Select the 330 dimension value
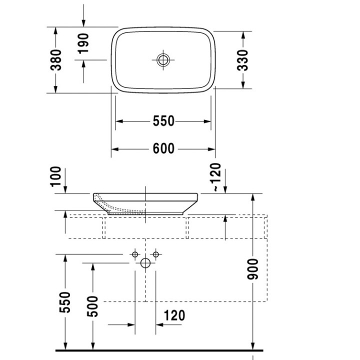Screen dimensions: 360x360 pos(243,59)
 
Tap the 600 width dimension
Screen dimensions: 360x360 pos(163,149)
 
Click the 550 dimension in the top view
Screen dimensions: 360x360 pos(163,121)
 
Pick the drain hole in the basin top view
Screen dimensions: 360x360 pos(163,60)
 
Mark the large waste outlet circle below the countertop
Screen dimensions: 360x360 pos(145,263)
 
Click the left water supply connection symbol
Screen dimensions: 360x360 pos(134,255)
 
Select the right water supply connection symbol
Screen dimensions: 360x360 pos(156,255)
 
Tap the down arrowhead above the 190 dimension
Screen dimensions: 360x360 pos(83,23)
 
